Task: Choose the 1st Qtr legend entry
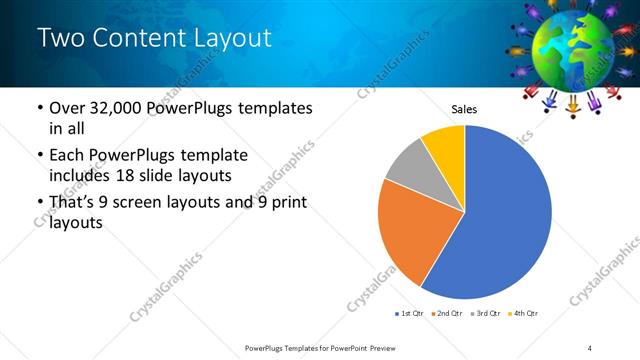[x=410, y=314]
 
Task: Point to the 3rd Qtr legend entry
[x=485, y=314]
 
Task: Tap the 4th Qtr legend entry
[x=523, y=314]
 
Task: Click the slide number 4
[x=590, y=347]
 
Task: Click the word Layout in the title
[x=229, y=39]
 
